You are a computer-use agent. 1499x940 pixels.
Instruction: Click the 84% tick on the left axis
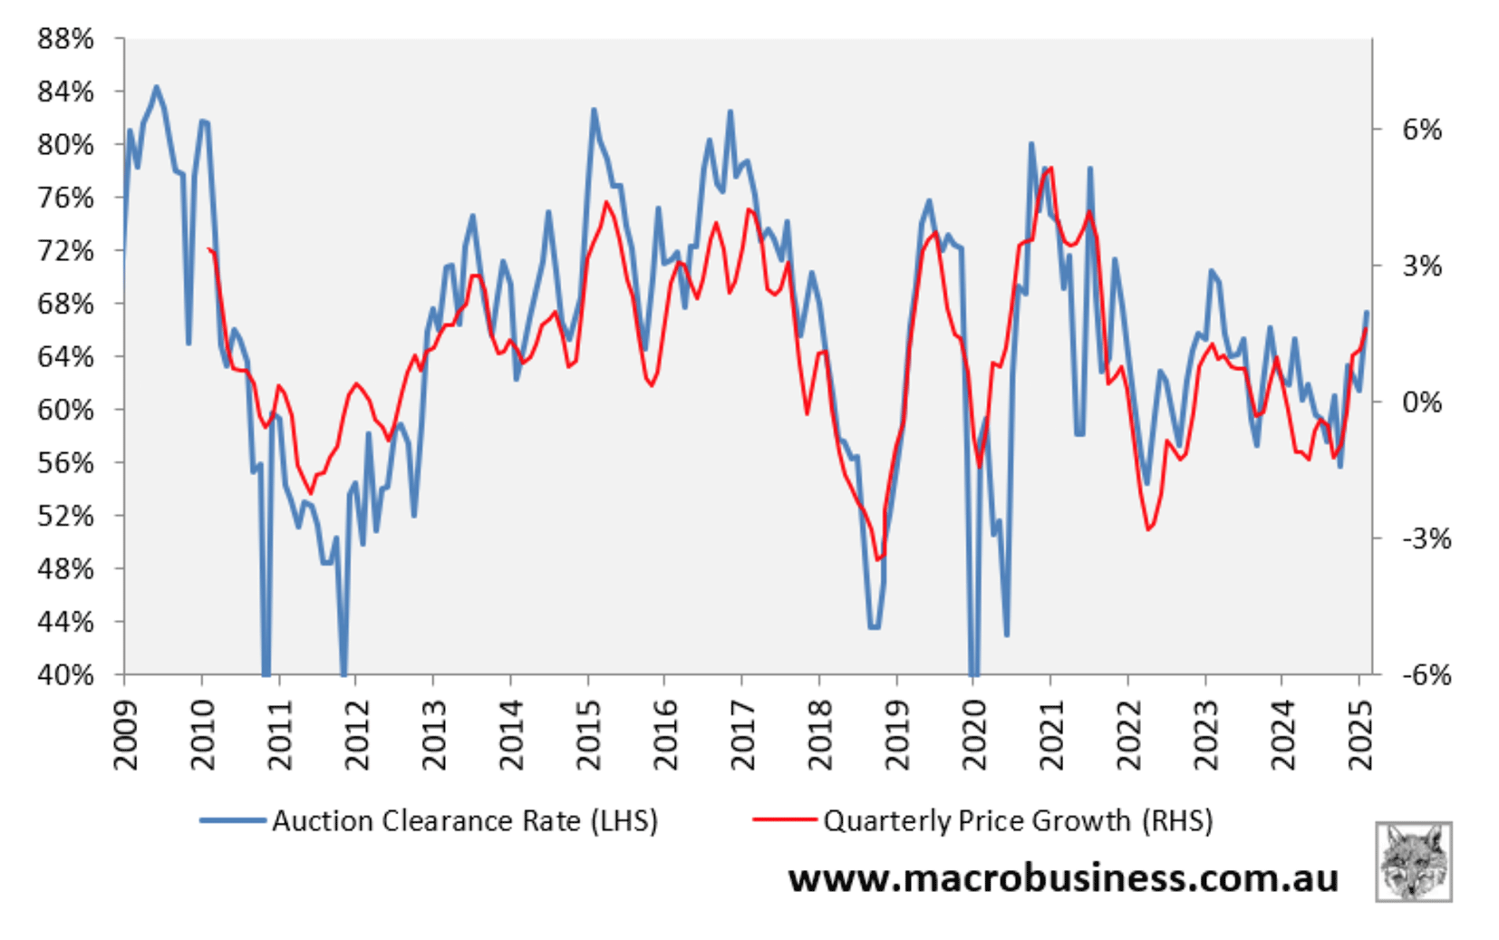(x=65, y=92)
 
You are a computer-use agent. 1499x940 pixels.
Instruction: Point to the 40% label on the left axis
(x=65, y=674)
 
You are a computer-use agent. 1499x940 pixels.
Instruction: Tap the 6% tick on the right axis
(x=1421, y=130)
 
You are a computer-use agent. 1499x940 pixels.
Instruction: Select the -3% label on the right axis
(x=1426, y=538)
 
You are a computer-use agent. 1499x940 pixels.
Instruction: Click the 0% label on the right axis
(x=1421, y=402)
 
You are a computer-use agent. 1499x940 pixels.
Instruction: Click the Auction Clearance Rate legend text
(x=464, y=820)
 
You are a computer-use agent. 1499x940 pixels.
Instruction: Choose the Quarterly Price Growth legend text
(x=1017, y=820)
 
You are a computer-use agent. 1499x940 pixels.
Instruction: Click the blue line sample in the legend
(x=233, y=820)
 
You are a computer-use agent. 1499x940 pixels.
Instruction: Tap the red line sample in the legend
(x=785, y=820)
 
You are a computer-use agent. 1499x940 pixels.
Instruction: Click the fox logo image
(x=1413, y=861)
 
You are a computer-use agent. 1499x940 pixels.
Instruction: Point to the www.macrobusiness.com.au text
(x=1063, y=877)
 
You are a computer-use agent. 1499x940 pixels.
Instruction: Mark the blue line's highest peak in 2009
(x=156, y=87)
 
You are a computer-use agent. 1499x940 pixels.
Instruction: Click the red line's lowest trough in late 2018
(x=877, y=559)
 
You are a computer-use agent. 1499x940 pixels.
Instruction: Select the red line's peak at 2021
(x=1049, y=168)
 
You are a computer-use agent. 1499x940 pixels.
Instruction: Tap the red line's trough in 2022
(x=1148, y=529)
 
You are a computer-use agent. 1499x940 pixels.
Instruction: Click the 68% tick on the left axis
(x=65, y=304)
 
